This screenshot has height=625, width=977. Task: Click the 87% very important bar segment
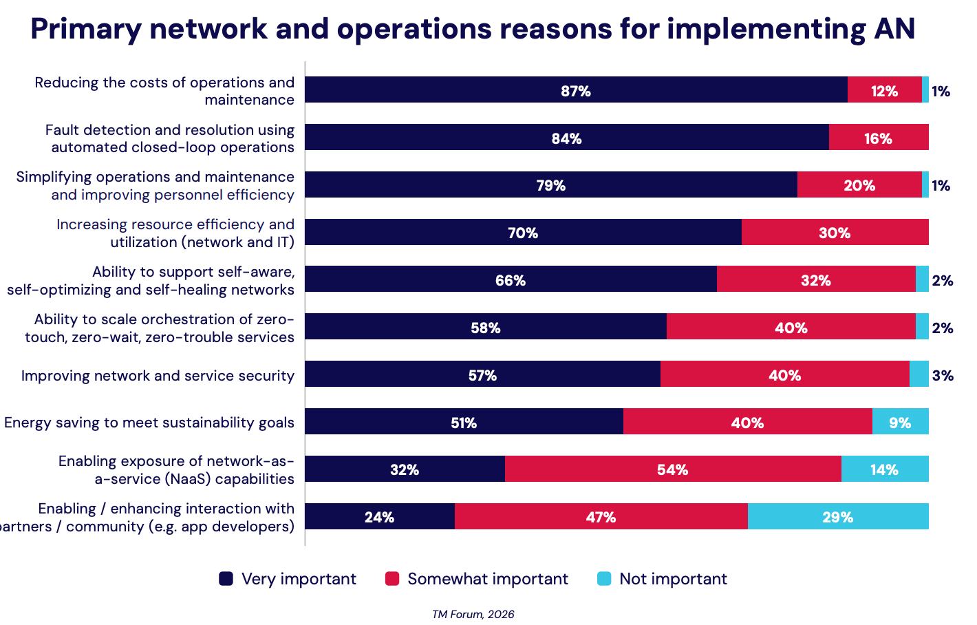click(x=576, y=90)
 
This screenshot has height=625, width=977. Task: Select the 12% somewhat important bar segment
click(x=884, y=90)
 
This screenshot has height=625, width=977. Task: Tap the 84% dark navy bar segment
click(x=566, y=138)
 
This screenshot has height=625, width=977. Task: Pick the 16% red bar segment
click(x=878, y=138)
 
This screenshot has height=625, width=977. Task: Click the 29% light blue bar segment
click(x=837, y=516)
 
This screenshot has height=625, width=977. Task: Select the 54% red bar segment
click(x=672, y=469)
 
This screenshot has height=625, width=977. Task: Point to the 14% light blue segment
click(x=884, y=469)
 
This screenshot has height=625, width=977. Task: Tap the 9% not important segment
click(x=900, y=421)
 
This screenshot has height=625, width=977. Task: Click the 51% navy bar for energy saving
click(x=464, y=421)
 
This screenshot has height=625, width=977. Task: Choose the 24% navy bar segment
click(x=379, y=516)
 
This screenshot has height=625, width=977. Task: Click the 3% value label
click(x=943, y=375)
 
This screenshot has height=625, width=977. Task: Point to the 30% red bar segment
click(x=835, y=233)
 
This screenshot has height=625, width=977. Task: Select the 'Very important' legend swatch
click(x=226, y=579)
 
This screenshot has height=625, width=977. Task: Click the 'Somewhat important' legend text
click(x=487, y=579)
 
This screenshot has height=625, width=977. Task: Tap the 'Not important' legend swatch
click(x=604, y=579)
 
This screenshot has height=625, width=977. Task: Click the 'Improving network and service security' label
click(x=158, y=375)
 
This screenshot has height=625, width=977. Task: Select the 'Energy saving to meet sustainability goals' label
click(x=149, y=422)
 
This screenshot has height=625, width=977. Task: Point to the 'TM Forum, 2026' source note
click(x=473, y=614)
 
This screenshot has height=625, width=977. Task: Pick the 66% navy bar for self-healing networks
click(x=510, y=279)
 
